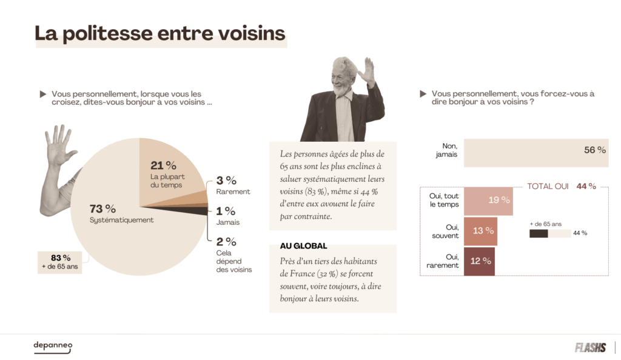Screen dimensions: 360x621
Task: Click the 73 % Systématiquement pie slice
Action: pyautogui.click(x=115, y=230)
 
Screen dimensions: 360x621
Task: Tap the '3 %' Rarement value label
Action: pyautogui.click(x=226, y=180)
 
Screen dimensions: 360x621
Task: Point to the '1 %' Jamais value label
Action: pyautogui.click(x=226, y=211)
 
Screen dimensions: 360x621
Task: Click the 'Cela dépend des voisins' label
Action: pyautogui.click(x=233, y=261)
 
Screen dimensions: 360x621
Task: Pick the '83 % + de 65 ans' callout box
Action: pyautogui.click(x=60, y=262)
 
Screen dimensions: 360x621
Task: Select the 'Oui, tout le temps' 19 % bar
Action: pyautogui.click(x=488, y=200)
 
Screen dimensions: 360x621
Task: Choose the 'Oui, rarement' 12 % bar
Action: pyautogui.click(x=479, y=261)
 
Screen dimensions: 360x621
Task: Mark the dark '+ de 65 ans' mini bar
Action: pyautogui.click(x=539, y=233)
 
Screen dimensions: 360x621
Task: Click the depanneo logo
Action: pyautogui.click(x=53, y=346)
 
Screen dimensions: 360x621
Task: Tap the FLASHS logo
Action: pyautogui.click(x=590, y=347)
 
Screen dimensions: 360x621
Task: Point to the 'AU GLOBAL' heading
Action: pyautogui.click(x=303, y=246)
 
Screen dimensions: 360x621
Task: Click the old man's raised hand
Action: pyautogui.click(x=366, y=72)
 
